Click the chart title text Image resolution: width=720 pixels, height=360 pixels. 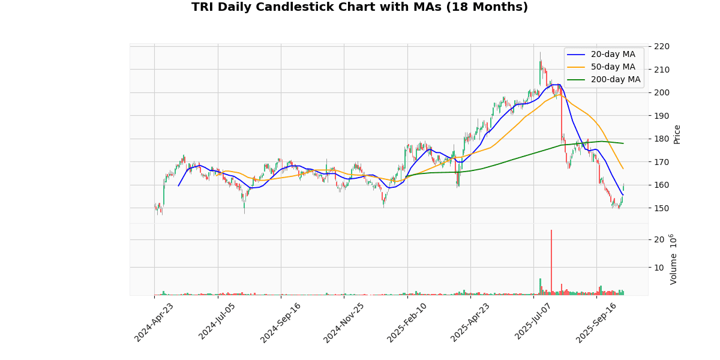pyautogui.click(x=359, y=7)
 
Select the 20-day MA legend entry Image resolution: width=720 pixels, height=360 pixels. pyautogui.click(x=613, y=55)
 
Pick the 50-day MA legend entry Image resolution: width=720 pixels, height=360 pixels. pyautogui.click(x=613, y=67)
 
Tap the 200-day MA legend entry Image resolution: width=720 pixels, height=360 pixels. pyautogui.click(x=615, y=80)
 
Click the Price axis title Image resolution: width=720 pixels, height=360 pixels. pyautogui.click(x=677, y=134)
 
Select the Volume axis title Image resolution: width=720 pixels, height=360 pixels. pyautogui.click(x=673, y=259)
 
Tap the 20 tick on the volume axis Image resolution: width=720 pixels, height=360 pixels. pyautogui.click(x=658, y=239)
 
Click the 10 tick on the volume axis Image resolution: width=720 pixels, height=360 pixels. pyautogui.click(x=658, y=267)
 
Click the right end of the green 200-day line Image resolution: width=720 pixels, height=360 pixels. pyautogui.click(x=623, y=143)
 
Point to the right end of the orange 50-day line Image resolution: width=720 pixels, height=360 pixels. pyautogui.click(x=623, y=169)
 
